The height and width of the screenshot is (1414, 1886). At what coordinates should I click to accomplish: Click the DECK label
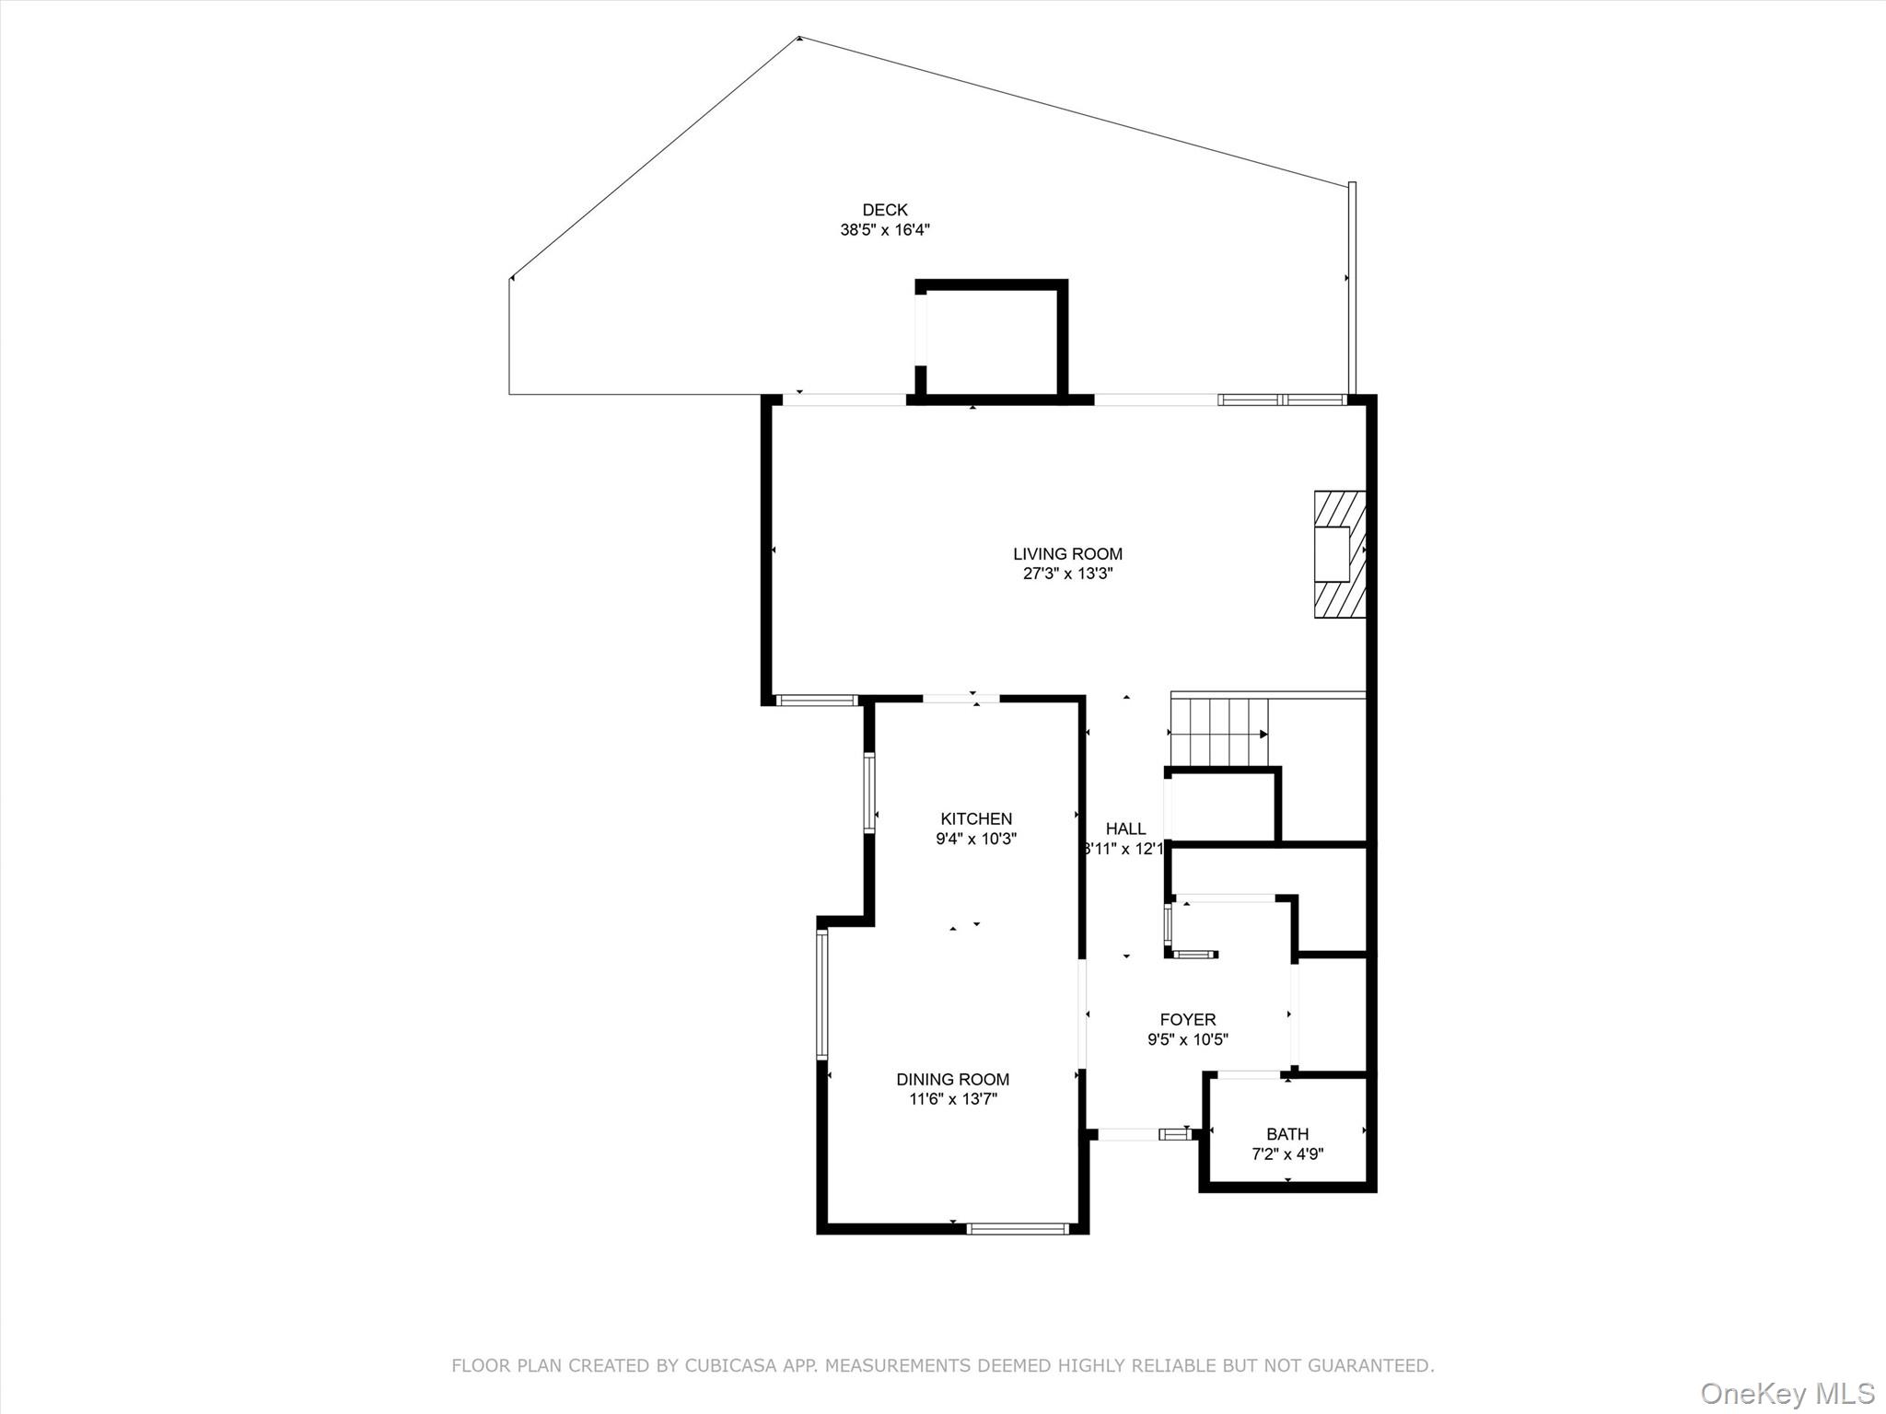884,210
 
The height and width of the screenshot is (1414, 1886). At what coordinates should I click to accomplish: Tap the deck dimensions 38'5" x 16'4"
884,230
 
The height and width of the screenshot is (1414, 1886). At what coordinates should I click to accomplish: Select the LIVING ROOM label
1067,553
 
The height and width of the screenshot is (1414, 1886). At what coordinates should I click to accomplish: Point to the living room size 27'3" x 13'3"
1067,574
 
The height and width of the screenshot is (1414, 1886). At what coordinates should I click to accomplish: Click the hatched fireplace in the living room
1339,553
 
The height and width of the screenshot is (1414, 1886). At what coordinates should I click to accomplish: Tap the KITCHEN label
976,818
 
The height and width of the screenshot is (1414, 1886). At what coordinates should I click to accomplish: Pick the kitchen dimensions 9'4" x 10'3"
976,839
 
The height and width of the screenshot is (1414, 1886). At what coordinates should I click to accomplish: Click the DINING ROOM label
952,1079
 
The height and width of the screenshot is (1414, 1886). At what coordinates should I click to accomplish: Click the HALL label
1125,829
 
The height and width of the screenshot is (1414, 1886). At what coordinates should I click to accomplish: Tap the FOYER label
1187,1019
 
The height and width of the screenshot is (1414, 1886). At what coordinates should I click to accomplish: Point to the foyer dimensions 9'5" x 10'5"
1187,1040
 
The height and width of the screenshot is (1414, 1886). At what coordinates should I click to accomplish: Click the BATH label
1286,1134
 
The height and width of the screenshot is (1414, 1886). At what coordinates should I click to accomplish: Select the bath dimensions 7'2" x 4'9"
1286,1154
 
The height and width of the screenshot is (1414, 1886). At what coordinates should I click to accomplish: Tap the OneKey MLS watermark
1787,1393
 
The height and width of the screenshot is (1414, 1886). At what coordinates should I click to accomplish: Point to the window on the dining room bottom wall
1018,1228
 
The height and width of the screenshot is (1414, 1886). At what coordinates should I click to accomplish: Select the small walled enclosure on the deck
991,341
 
